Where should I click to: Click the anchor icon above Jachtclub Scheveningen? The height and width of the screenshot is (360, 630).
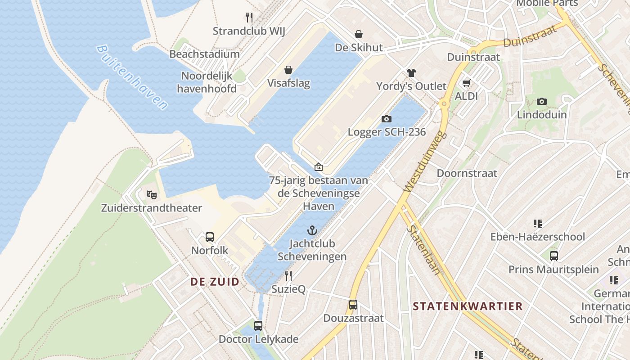coord(312,231)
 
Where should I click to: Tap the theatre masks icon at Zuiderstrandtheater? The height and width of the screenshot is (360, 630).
coord(152,195)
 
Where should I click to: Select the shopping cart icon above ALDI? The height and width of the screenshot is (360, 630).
coord(466,83)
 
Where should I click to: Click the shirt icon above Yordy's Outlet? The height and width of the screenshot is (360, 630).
coord(411,73)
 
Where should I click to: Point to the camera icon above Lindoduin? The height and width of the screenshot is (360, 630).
coord(542,102)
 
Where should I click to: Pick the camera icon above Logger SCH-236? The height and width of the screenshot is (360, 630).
coord(386,119)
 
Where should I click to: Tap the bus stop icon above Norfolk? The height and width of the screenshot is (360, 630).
coord(210,237)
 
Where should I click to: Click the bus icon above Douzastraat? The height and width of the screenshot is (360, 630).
coord(353,305)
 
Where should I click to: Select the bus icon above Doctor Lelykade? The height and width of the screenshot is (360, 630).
coord(258,326)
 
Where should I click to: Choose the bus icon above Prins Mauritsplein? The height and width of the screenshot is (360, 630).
coord(553,256)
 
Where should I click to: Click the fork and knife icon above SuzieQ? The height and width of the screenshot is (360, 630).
coord(288,276)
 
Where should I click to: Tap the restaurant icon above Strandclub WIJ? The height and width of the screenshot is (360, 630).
coord(249,18)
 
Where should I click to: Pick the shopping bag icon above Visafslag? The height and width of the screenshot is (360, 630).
coord(288,70)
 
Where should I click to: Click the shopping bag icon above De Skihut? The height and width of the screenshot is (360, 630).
coord(359,34)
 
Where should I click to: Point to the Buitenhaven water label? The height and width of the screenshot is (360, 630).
coord(132,77)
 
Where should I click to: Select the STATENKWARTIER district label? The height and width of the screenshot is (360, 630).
coord(468,306)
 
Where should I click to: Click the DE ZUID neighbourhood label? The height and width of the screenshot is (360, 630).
coord(215,282)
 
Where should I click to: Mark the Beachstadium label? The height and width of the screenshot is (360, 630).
coord(204,54)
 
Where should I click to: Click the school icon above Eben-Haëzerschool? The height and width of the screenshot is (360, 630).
coord(537,224)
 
